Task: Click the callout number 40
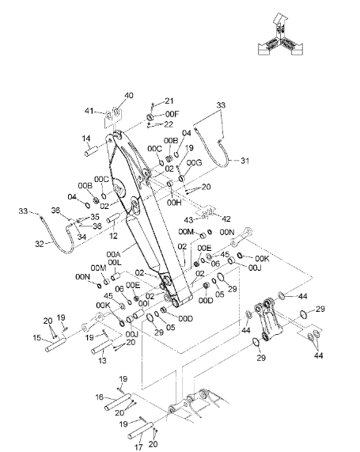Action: pyautogui.click(x=129, y=96)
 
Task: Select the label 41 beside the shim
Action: pyautogui.click(x=89, y=111)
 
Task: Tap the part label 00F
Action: pyautogui.click(x=172, y=114)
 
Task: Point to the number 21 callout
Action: pyautogui.click(x=169, y=101)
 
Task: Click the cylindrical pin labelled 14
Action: pyautogui.click(x=92, y=150)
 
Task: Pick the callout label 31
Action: pyautogui.click(x=244, y=161)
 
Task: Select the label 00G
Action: pyautogui.click(x=194, y=162)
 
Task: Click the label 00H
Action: pyautogui.click(x=174, y=203)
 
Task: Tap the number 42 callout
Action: pyautogui.click(x=225, y=219)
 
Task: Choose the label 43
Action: pyautogui.click(x=188, y=220)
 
